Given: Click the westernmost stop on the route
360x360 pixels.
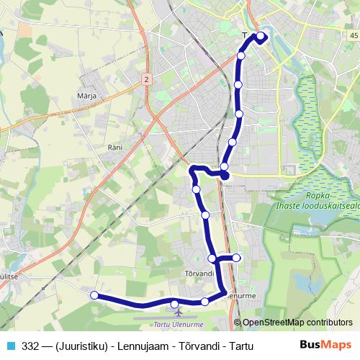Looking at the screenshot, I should pos(94,294).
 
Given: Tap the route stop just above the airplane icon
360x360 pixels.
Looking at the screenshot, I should pos(175,303).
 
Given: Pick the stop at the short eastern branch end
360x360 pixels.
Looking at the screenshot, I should pos(236,258).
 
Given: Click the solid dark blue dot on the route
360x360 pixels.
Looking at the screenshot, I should pos(225,175).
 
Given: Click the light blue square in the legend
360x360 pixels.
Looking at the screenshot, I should pos(10,345).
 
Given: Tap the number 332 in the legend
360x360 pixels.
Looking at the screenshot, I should pos(30,346).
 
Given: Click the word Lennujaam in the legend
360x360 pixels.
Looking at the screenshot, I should pos(137,346).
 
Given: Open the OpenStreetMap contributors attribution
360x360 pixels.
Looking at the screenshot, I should pos(297,323).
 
